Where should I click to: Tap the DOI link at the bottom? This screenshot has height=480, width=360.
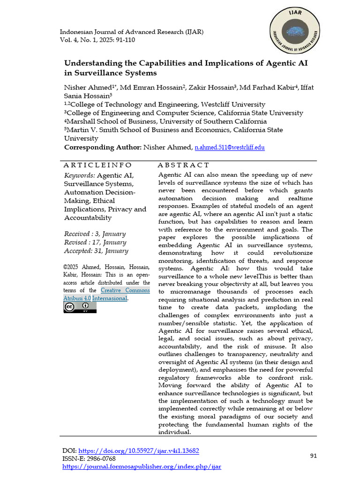[x=138, y=451]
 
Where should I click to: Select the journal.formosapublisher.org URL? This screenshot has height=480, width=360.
[x=142, y=466]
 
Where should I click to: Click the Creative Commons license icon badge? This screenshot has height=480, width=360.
[x=80, y=307]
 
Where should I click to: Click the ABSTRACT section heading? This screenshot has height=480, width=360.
[x=183, y=165]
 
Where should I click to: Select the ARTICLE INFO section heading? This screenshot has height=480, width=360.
[x=98, y=165]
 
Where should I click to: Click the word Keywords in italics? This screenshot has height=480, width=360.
[x=79, y=175]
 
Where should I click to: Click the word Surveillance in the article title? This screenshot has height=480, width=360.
[x=99, y=73]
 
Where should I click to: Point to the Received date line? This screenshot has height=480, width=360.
[x=95, y=234]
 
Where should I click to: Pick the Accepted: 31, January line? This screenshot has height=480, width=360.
[x=96, y=251]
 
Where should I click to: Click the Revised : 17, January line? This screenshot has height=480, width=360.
[x=95, y=242]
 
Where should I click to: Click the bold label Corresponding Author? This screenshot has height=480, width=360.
[x=102, y=147]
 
